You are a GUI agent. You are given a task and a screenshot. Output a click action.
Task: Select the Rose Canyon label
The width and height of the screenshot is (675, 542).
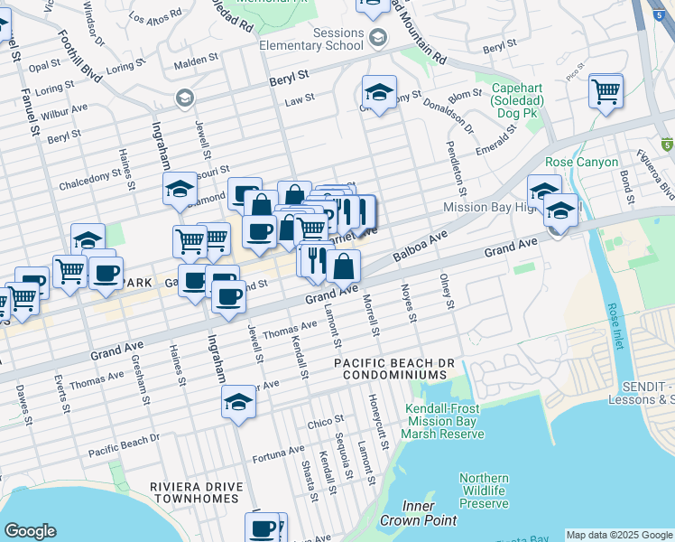(x=581, y=163)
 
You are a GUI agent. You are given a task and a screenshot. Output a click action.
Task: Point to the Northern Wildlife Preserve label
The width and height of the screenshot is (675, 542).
(x=484, y=491)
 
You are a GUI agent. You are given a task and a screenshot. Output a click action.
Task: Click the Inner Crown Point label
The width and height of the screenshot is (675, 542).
(x=407, y=514)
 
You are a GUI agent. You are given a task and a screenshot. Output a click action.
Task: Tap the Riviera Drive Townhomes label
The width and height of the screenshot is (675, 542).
(x=196, y=492)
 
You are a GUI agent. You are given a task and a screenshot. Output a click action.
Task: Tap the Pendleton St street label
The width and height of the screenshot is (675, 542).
(x=459, y=168)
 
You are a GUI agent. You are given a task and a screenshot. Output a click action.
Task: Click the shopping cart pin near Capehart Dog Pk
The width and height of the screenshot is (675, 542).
(x=606, y=90)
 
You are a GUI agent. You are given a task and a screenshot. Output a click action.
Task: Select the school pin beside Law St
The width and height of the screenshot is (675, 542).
(x=379, y=91)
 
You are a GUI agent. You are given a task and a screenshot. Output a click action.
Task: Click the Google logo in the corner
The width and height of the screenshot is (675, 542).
(x=30, y=531)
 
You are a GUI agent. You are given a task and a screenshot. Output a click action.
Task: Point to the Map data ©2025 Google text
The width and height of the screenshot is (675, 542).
(x=619, y=535)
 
